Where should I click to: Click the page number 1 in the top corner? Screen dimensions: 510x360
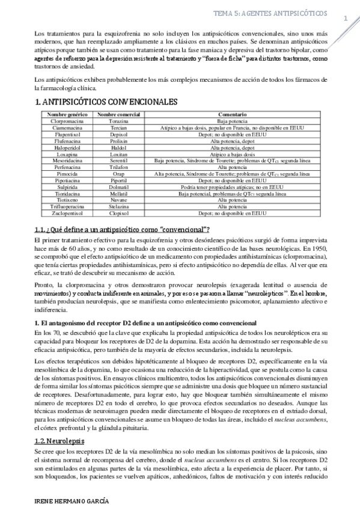pos(346,18)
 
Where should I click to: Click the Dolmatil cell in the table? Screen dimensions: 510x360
pos(118,186)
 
